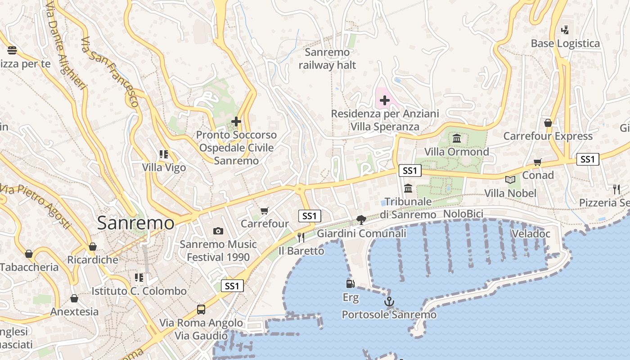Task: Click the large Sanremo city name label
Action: pos(135,223)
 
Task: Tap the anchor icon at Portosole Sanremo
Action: pos(389,301)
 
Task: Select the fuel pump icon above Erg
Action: pos(350,283)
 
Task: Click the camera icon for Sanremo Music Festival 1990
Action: pos(218,231)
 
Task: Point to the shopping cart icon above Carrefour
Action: pos(265,211)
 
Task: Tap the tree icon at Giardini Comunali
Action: pos(361,220)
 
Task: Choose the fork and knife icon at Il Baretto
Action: pos(301,237)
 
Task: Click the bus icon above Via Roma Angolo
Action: pos(201,310)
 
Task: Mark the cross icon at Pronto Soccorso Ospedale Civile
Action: pos(236,121)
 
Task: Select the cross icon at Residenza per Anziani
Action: pos(385,100)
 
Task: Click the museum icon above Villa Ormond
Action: pos(457,138)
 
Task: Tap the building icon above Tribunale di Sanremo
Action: pos(408,188)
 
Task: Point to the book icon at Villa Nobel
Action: pos(510,180)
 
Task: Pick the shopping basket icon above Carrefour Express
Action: pos(548,123)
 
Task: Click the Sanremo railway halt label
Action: pos(327,58)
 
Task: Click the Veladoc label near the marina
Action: pos(531,234)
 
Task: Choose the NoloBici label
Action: pos(463,214)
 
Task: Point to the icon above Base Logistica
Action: pos(565,30)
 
